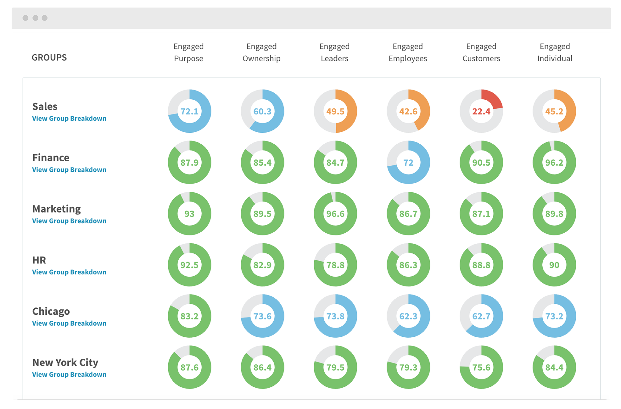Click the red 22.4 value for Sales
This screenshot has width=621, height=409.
click(481, 111)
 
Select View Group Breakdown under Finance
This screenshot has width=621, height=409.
click(69, 170)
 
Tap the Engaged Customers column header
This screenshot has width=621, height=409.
click(481, 52)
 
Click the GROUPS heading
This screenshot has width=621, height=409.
click(49, 58)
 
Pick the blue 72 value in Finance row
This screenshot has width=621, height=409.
click(408, 163)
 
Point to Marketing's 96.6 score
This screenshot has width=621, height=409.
click(335, 214)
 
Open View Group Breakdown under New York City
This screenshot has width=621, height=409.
click(69, 374)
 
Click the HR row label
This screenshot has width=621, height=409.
click(39, 260)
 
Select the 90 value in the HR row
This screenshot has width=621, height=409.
click(554, 265)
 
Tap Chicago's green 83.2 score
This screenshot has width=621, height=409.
click(189, 316)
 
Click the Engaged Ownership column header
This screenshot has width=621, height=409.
click(261, 52)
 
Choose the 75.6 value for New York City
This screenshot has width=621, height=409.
click(481, 368)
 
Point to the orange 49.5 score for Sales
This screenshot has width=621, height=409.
click(335, 111)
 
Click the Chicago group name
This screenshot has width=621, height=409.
click(51, 311)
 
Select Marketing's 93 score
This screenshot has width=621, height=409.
click(189, 214)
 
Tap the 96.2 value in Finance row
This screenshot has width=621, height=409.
click(554, 163)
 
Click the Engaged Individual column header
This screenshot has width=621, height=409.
click(555, 52)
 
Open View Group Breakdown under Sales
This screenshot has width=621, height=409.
click(69, 119)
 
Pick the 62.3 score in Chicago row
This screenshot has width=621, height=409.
click(408, 316)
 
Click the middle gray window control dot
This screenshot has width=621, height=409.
click(35, 18)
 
